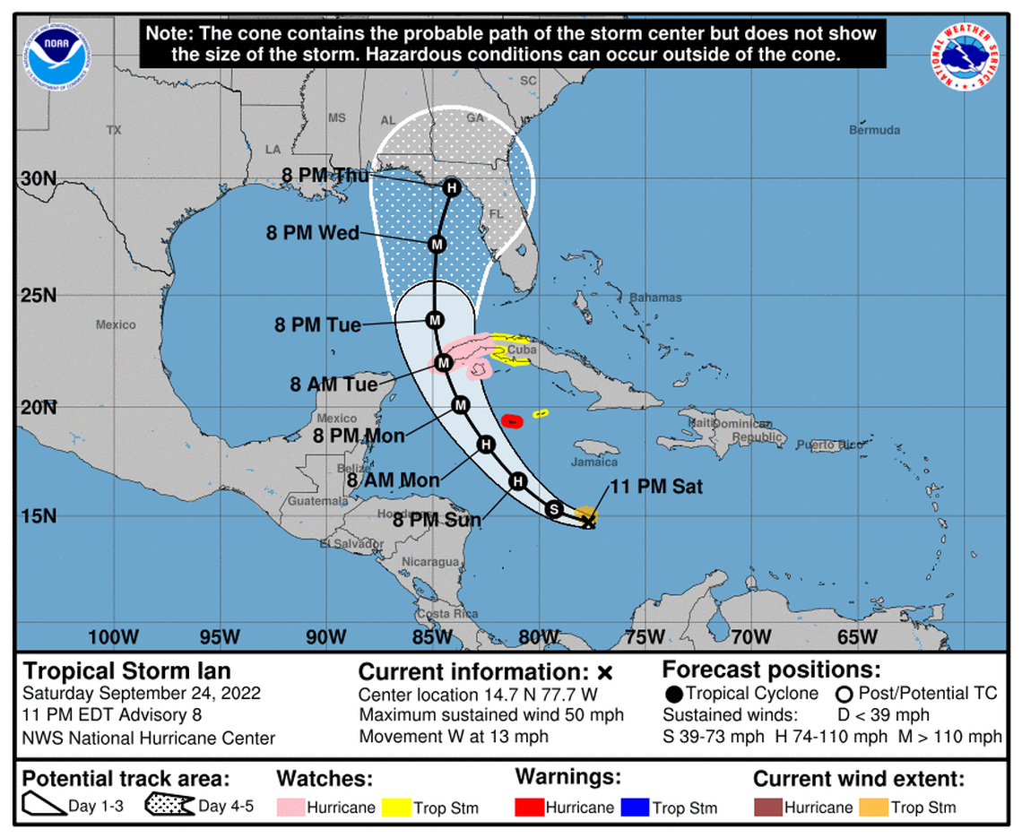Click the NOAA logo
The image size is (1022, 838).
pyautogui.click(x=51, y=56)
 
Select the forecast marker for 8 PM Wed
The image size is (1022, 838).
pyautogui.click(x=437, y=244)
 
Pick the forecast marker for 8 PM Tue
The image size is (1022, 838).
pyautogui.click(x=435, y=320)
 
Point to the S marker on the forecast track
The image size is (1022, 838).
pyautogui.click(x=554, y=509)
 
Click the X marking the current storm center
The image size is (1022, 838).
pyautogui.click(x=588, y=521)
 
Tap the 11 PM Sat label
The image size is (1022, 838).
pyautogui.click(x=656, y=488)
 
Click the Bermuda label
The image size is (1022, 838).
pyautogui.click(x=874, y=131)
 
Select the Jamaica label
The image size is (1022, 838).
pyautogui.click(x=595, y=462)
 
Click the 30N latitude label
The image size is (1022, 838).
pyautogui.click(x=39, y=178)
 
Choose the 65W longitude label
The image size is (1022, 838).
pyautogui.click(x=857, y=636)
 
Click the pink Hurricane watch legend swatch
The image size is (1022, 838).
pyautogui.click(x=290, y=808)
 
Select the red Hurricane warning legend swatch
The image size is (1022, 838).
pyautogui.click(x=529, y=808)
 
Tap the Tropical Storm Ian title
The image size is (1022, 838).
pyautogui.click(x=126, y=671)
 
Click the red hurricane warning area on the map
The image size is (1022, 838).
pyautogui.click(x=512, y=420)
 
